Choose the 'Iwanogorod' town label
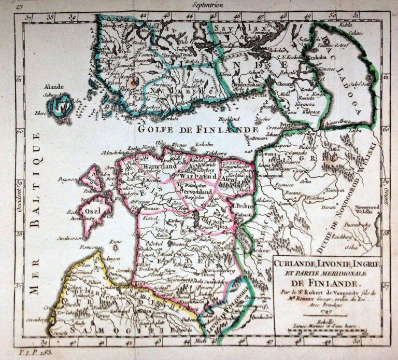[269, 176]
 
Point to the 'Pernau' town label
[148, 208]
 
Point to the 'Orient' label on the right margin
[388, 195]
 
